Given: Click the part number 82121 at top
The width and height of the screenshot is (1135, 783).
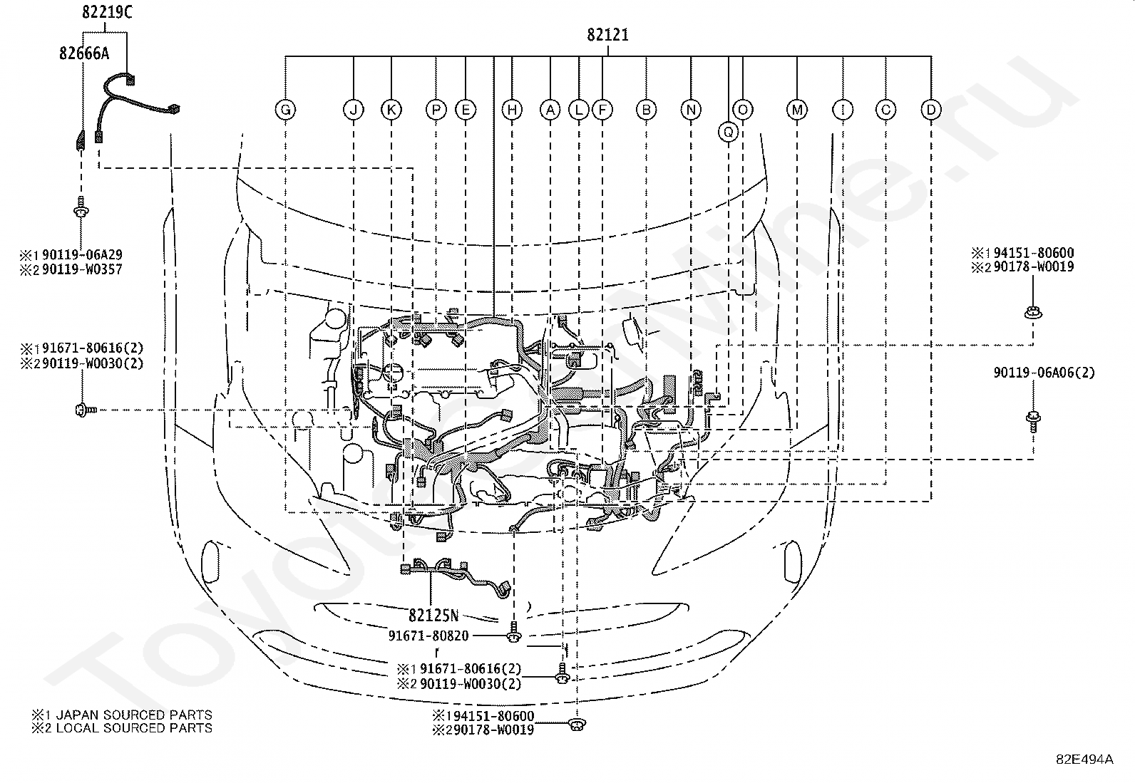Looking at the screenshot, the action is pyautogui.click(x=607, y=34).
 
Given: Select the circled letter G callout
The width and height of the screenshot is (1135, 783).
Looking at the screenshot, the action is pyautogui.click(x=286, y=110).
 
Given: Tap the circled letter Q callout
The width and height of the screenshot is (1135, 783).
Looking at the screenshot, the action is pyautogui.click(x=729, y=133).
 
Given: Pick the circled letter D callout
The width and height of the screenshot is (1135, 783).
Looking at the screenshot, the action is pyautogui.click(x=931, y=110).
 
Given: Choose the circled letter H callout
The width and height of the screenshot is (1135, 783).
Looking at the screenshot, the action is pyautogui.click(x=513, y=110).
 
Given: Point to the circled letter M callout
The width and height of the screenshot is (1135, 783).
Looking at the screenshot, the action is pyautogui.click(x=797, y=110).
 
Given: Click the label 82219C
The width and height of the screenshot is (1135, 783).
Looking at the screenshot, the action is pyautogui.click(x=107, y=12).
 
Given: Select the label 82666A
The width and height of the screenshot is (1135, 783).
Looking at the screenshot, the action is pyautogui.click(x=84, y=53).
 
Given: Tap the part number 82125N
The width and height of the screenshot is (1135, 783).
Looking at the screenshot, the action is pyautogui.click(x=433, y=616).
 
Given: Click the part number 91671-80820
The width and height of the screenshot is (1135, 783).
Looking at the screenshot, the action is pyautogui.click(x=428, y=636).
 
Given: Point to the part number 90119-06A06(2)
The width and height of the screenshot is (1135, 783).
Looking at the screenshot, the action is pyautogui.click(x=1044, y=373).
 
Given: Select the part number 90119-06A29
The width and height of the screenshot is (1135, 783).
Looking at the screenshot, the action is pyautogui.click(x=82, y=254).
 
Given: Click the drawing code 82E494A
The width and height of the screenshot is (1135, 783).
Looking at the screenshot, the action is pyautogui.click(x=1085, y=759).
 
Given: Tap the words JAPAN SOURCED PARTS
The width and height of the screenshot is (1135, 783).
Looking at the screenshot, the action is pyautogui.click(x=134, y=715).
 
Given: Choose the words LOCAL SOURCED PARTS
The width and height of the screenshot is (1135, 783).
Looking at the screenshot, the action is pyautogui.click(x=134, y=728).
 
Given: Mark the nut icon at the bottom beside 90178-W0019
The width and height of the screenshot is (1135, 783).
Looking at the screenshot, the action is pyautogui.click(x=577, y=725).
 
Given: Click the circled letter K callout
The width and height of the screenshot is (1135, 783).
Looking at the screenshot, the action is pyautogui.click(x=391, y=110).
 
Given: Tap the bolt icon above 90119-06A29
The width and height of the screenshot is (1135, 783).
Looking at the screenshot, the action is pyautogui.click(x=81, y=207).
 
